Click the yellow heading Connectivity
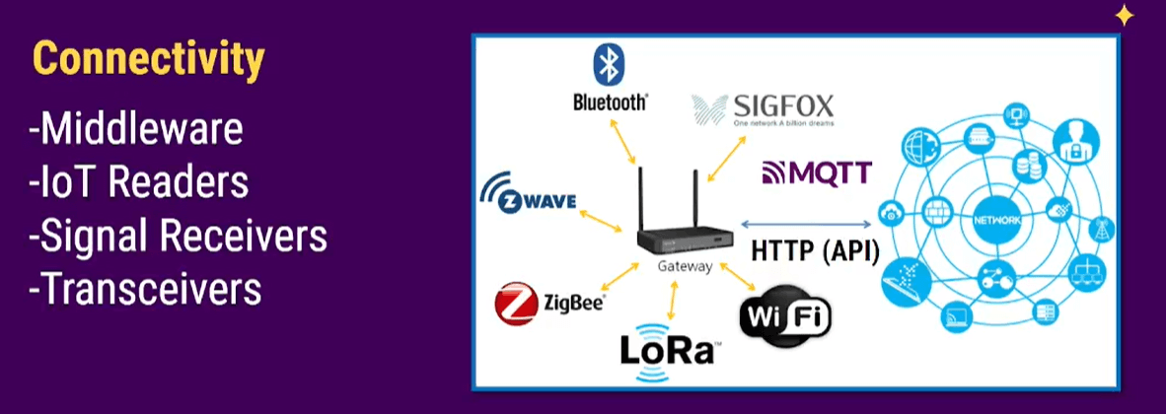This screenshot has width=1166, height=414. pos(148,60)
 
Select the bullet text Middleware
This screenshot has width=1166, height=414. pos(136,130)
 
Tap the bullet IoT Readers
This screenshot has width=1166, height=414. pos(138,182)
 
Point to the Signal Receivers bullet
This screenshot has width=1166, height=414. pos(178,236)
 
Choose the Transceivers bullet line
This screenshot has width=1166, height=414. pos(145,289)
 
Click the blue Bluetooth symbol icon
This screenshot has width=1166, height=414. pos(607,64)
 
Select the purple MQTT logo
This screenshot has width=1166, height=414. pos(817,173)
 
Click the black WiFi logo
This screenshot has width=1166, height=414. pos(785,317)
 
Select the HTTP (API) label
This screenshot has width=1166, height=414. pos(815,249)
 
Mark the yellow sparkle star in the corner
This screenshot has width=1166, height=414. pos(1124,15)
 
